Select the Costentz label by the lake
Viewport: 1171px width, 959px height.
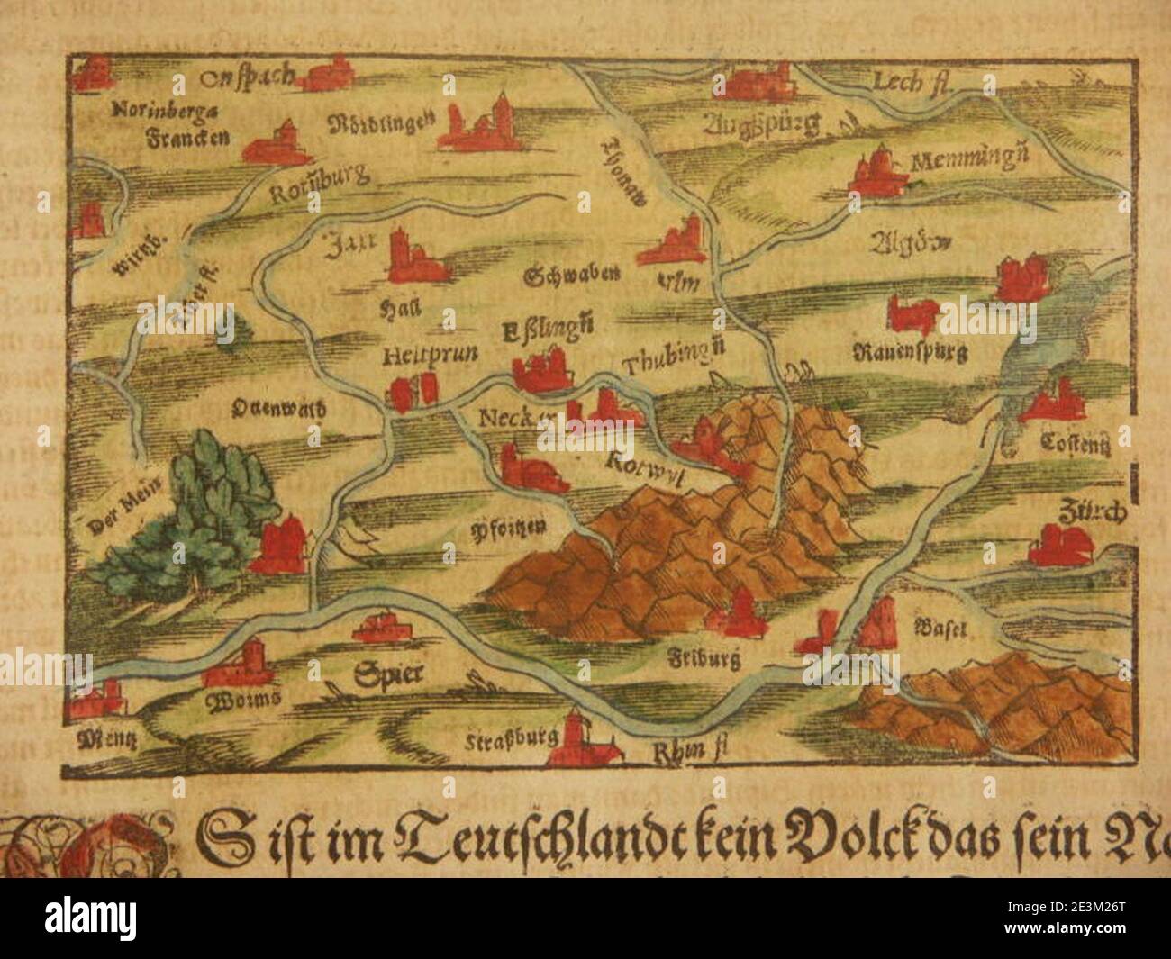click(1074, 442)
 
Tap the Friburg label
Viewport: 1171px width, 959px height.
click(706, 660)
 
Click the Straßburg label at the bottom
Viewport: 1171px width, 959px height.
click(508, 742)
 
